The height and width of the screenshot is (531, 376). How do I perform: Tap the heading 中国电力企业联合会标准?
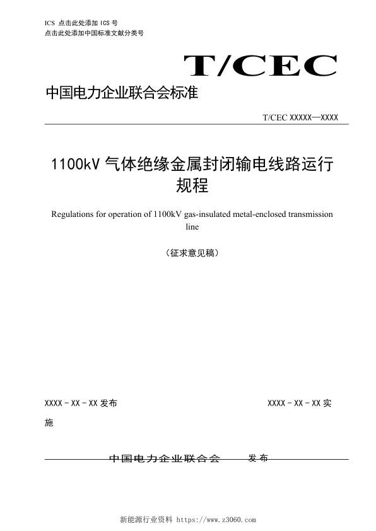[x=122, y=94]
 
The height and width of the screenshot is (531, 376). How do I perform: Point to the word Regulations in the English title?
[x=70, y=214]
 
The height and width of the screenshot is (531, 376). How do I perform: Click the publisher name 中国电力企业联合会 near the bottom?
[x=165, y=458]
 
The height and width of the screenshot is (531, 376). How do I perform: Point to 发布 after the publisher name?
[x=258, y=458]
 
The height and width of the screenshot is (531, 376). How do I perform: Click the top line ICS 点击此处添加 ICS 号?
[x=82, y=23]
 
